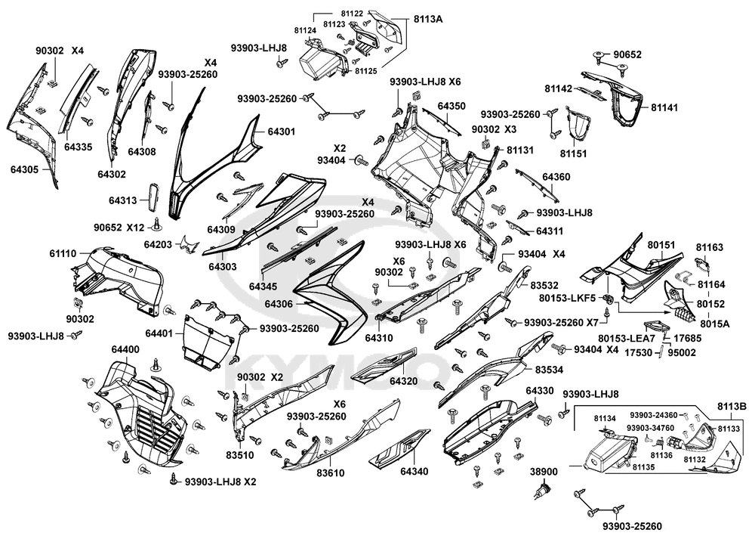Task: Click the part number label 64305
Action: coord(24,169)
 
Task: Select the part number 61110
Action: coord(63,254)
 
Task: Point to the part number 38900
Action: coord(544,472)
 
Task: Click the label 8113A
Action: coord(427,18)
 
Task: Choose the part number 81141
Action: coord(664,108)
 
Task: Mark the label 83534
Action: coord(550,370)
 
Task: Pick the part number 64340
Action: coord(414,472)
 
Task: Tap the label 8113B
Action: coord(732,407)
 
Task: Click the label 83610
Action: coord(330,472)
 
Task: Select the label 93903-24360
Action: coord(653,415)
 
